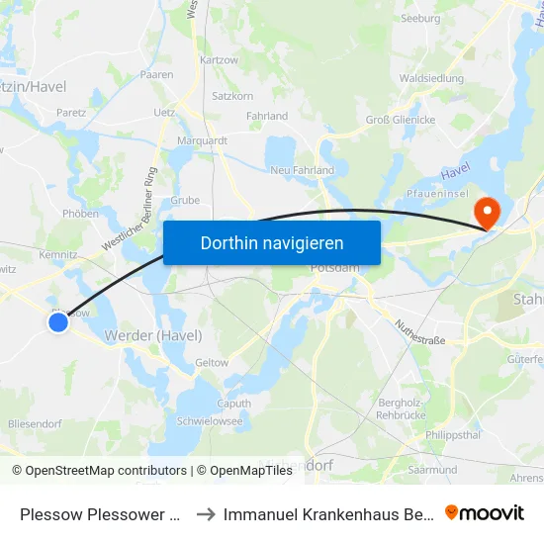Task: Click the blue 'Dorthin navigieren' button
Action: (272, 242)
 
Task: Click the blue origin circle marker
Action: (58, 321)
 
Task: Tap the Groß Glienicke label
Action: (401, 121)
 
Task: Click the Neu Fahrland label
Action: (303, 170)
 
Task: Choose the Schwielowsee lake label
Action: (209, 420)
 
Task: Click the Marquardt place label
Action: (202, 140)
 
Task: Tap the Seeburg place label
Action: (419, 18)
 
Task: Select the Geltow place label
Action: (212, 363)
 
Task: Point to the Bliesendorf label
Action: (35, 423)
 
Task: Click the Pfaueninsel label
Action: (435, 194)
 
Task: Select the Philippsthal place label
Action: (453, 434)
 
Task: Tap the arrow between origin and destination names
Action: (207, 513)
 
